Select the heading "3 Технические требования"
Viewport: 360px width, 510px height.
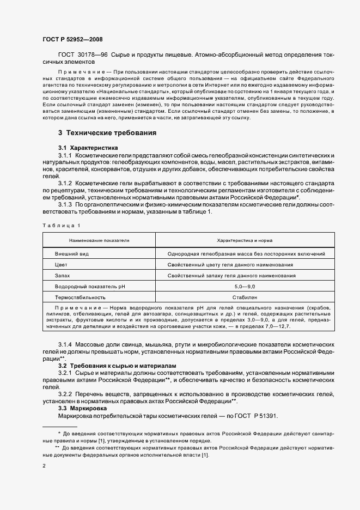[107, 132]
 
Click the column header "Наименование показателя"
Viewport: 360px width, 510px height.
[99, 240]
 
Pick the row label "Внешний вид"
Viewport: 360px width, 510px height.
[72, 254]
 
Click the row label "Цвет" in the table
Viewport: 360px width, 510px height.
[61, 265]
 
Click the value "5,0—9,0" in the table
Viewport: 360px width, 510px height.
[245, 287]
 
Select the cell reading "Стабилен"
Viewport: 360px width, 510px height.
[245, 297]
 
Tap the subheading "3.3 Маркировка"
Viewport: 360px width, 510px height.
[82, 408]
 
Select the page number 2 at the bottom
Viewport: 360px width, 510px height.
[44, 466]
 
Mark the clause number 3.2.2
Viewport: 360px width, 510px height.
[68, 393]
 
